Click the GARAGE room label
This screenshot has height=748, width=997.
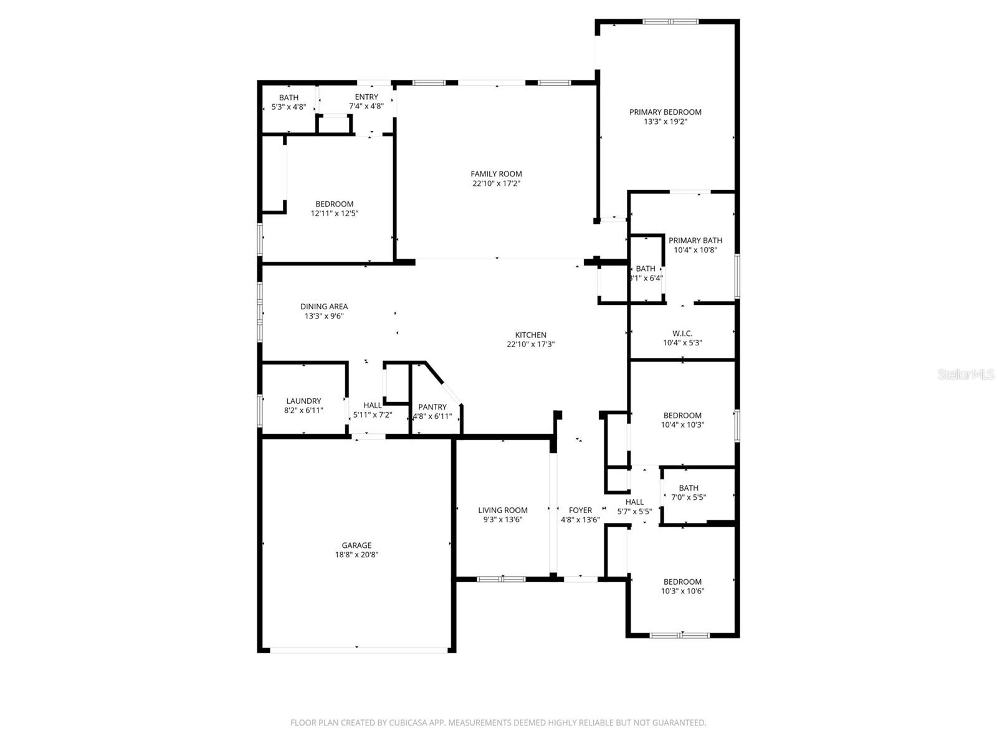356,545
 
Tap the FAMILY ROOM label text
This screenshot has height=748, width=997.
496,174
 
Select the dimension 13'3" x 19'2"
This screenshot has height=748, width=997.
665,122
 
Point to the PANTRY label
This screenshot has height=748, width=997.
432,407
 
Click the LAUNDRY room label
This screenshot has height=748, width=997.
303,401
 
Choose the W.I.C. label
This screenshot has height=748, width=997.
682,333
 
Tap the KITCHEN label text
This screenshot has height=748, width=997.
530,335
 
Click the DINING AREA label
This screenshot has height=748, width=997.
324,306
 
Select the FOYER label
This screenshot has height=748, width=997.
580,510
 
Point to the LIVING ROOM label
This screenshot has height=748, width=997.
502,510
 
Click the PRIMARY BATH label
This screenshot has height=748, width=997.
695,240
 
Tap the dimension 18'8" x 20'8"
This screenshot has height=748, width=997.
356,555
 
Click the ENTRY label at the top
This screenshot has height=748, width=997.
366,97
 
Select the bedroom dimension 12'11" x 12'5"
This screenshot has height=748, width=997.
335,213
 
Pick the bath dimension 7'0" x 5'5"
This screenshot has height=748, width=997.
689,497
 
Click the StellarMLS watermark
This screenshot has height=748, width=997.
965,374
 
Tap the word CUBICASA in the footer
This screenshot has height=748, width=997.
408,723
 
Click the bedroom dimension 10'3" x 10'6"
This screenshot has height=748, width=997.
682,591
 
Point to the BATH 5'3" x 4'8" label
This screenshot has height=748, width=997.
289,97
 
